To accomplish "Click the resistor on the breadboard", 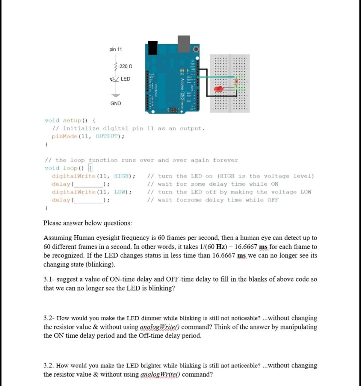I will point(237,82).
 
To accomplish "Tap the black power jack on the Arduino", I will point(153,47).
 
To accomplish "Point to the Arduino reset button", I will point(196,49).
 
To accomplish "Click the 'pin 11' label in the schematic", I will point(116,49).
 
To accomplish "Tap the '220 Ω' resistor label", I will point(126,66).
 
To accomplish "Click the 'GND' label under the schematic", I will point(116,103).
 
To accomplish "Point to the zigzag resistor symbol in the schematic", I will point(115,67).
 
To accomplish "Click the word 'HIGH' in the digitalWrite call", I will point(122,176).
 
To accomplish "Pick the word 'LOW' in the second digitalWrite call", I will point(119,192).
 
